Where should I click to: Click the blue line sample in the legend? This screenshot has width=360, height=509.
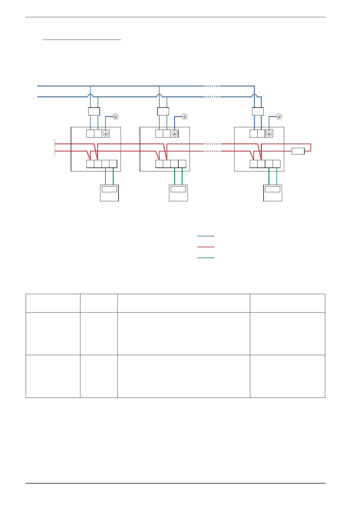click(206, 236)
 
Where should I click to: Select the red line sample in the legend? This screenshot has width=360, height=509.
click(206, 247)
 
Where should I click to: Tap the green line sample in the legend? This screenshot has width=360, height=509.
click(206, 258)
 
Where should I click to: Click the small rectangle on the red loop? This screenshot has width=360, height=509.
click(298, 151)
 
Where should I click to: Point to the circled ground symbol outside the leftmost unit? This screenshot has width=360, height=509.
click(115, 116)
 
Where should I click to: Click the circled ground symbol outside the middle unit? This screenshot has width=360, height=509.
click(184, 116)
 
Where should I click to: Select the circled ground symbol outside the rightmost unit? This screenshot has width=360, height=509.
click(279, 116)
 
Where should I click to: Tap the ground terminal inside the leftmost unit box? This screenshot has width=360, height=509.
click(105, 134)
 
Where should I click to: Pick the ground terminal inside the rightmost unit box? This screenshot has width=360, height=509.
click(269, 134)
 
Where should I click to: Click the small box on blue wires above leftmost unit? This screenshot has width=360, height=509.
click(94, 111)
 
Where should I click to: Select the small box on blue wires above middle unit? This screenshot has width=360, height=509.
click(163, 111)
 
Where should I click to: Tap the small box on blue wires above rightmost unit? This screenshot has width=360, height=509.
click(258, 111)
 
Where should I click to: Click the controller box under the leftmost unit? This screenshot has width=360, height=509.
click(109, 193)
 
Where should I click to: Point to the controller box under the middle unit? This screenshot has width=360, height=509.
click(178, 193)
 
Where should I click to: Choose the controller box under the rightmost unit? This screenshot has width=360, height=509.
click(273, 193)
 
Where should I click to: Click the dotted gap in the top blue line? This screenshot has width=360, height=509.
click(212, 86)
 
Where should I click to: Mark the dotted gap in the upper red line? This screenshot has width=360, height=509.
click(212, 144)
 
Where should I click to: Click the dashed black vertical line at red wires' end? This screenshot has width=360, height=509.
click(55, 147)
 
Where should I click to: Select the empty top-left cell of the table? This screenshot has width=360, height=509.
click(53, 303)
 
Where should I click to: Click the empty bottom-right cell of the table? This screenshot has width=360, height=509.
click(287, 376)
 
